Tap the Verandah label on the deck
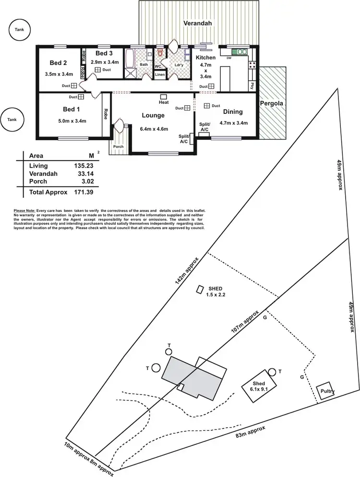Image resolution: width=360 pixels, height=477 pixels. click(x=197, y=23)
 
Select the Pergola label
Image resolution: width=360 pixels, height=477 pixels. click(x=271, y=103)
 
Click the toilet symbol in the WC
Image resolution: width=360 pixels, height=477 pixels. click(x=160, y=54)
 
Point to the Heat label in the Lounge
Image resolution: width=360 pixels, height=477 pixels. click(x=164, y=103)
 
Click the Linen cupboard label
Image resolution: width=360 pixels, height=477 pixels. click(x=159, y=75)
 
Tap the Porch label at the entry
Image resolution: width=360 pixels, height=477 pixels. click(x=118, y=147)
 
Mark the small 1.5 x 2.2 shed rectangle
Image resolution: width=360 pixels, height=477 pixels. click(x=200, y=289)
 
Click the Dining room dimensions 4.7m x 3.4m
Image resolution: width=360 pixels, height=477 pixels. click(x=233, y=123)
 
